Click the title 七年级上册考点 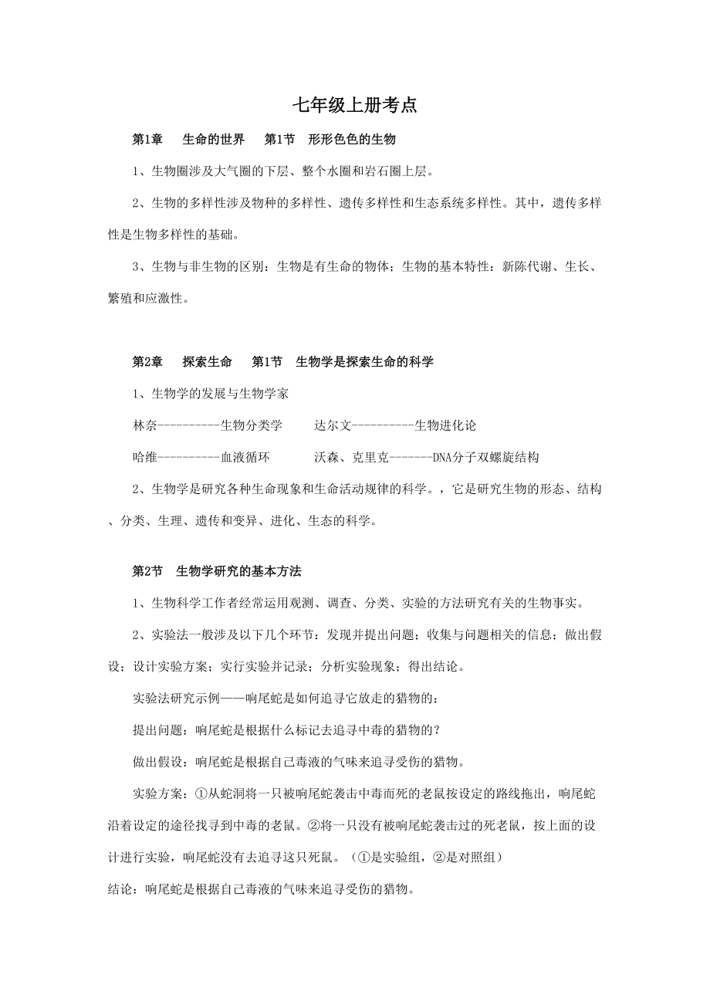click(x=355, y=106)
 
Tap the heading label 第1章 click(x=147, y=140)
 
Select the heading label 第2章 click(x=147, y=361)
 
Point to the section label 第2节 click(x=147, y=571)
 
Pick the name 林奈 click(x=145, y=425)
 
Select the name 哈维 click(x=145, y=457)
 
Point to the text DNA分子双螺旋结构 click(x=485, y=457)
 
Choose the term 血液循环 click(x=245, y=457)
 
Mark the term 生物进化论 click(x=445, y=425)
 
